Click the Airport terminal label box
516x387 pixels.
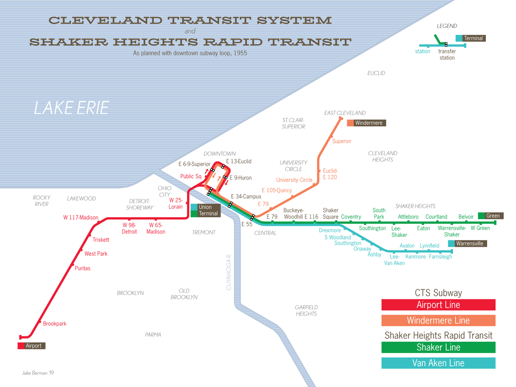point(31,346)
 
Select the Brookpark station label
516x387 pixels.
point(55,324)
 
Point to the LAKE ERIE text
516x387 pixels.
point(71,108)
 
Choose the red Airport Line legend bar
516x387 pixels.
point(438,305)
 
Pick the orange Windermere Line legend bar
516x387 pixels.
point(438,320)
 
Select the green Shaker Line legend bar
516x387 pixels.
point(438,347)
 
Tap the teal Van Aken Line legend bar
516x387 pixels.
point(438,363)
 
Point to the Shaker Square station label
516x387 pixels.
point(331,213)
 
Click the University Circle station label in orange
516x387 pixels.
point(294,180)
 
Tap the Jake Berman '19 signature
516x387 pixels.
point(38,373)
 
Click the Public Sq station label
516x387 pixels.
point(190,176)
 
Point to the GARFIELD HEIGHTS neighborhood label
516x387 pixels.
point(306,310)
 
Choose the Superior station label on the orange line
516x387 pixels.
point(342,141)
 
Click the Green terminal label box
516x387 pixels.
point(490,216)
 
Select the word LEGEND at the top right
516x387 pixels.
point(447,26)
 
